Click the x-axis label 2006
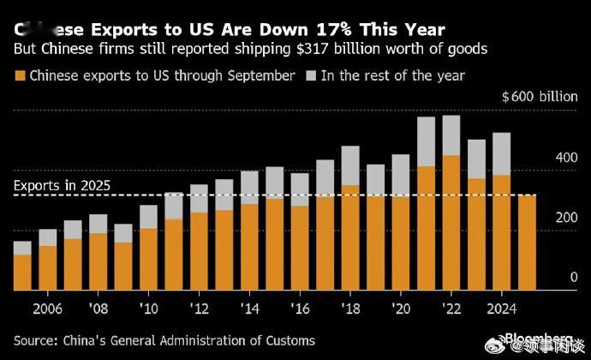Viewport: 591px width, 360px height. point(46,308)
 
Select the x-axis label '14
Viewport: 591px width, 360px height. point(249,308)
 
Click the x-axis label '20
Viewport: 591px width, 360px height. point(401,308)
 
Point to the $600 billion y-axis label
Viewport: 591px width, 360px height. point(539,96)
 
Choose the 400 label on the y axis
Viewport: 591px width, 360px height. point(561,159)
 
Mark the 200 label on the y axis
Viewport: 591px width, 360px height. point(561,219)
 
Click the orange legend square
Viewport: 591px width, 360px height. point(20,75)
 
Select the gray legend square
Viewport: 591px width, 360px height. point(310,75)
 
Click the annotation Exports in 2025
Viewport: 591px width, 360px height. point(62,184)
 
